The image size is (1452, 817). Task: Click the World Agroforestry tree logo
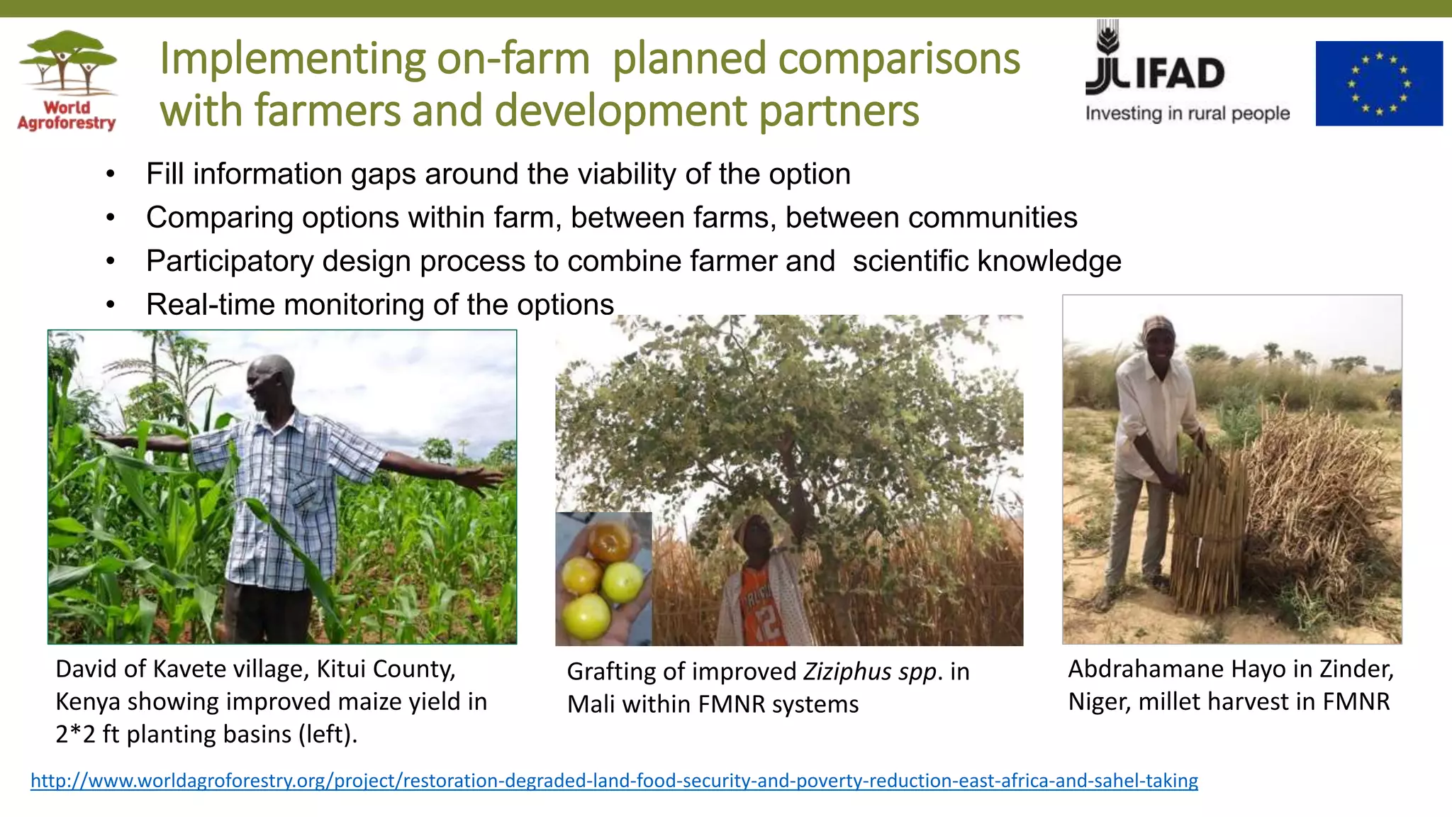pyautogui.click(x=67, y=64)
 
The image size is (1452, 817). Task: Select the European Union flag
pyautogui.click(x=1378, y=84)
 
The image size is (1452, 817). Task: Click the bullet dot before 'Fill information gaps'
pyautogui.click(x=110, y=174)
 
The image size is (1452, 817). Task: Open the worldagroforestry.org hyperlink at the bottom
pyautogui.click(x=614, y=781)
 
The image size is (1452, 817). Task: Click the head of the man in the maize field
pyautogui.click(x=270, y=382)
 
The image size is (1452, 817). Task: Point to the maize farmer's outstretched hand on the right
pyautogui.click(x=482, y=478)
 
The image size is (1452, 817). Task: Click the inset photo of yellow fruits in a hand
pyautogui.click(x=603, y=578)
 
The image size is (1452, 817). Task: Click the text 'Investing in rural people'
pyautogui.click(x=1187, y=113)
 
